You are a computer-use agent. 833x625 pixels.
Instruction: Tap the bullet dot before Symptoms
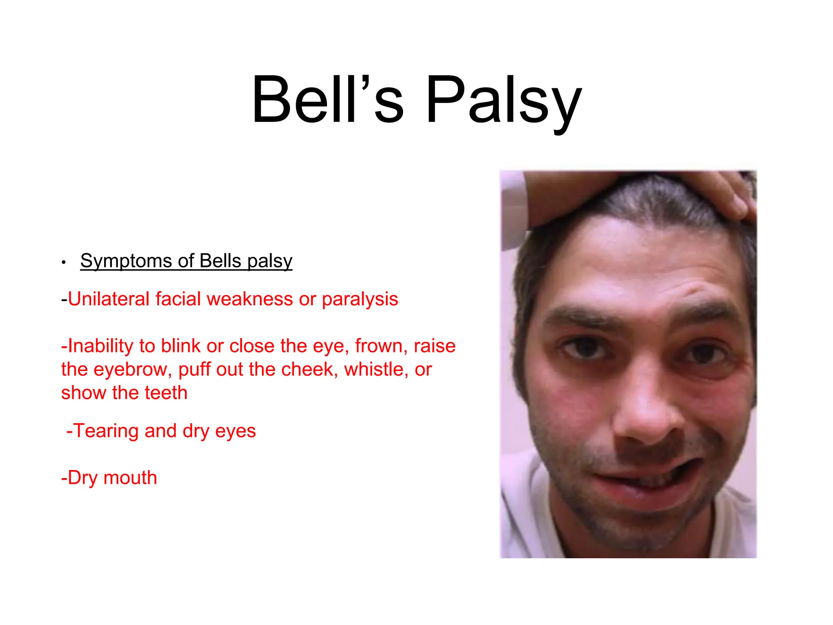tap(63, 262)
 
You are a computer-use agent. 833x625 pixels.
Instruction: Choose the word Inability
tap(100, 346)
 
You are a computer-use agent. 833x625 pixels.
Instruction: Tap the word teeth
tap(166, 393)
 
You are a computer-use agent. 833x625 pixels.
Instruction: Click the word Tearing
tap(106, 431)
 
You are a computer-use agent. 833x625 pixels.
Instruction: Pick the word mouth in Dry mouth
tap(130, 478)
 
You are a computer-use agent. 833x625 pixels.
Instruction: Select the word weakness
tap(249, 299)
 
